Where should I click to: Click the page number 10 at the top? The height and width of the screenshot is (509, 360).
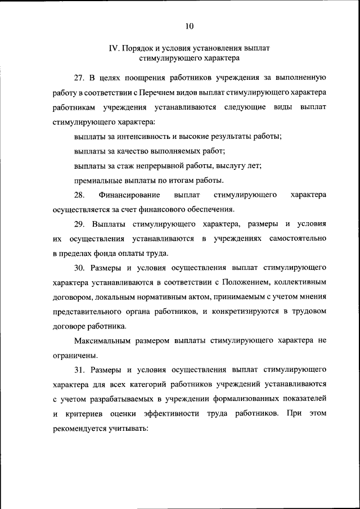pos(189,25)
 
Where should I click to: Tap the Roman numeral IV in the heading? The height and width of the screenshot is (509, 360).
pos(113,48)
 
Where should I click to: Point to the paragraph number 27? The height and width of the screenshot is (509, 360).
pos(79,76)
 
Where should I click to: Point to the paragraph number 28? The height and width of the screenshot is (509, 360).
pos(79,195)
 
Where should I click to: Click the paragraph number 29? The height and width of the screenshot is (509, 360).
pos(79,224)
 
